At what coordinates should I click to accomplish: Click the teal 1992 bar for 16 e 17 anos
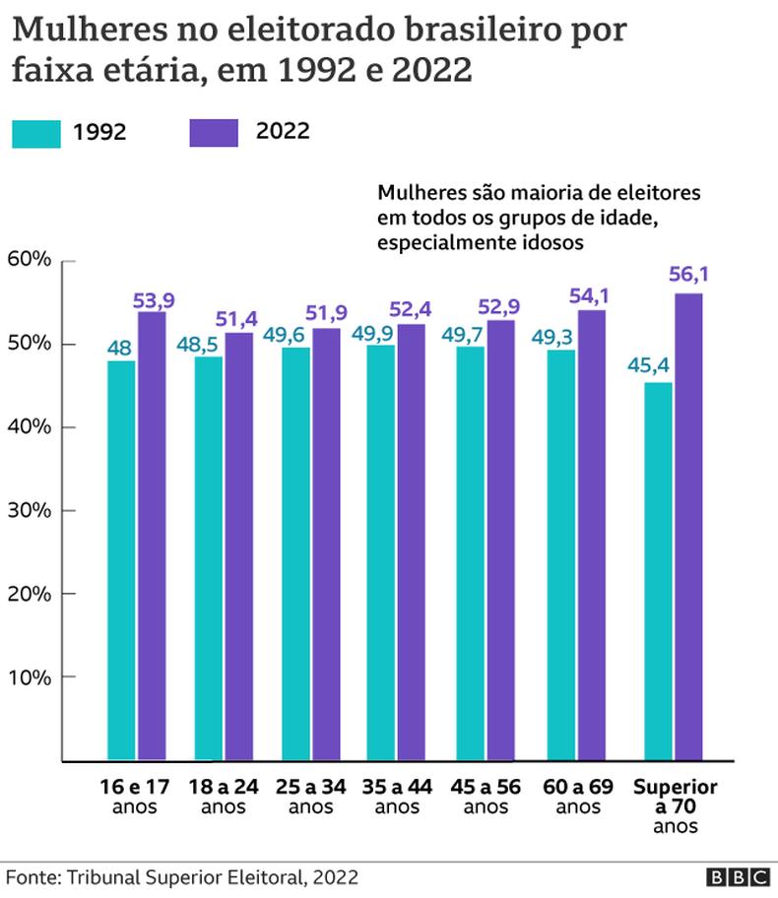click(x=120, y=561)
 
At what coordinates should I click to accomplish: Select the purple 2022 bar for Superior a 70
click(x=688, y=527)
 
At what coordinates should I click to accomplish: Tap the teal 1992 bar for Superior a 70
click(x=658, y=571)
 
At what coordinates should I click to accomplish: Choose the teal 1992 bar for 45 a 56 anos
click(x=471, y=553)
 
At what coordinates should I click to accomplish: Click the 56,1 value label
click(x=688, y=278)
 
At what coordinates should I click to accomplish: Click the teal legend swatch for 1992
click(x=35, y=133)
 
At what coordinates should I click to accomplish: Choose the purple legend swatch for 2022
click(x=213, y=132)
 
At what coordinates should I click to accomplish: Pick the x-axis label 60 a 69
click(x=577, y=789)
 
